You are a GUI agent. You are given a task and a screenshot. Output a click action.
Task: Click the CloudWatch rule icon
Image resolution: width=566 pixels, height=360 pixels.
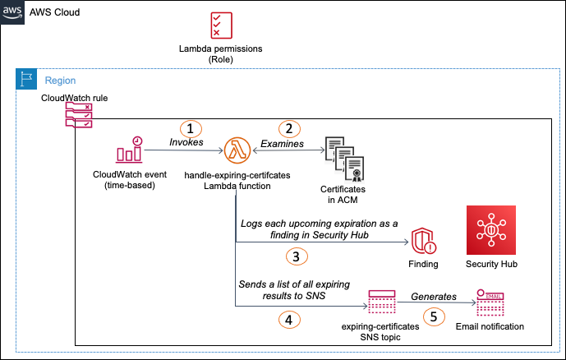[x=78, y=116]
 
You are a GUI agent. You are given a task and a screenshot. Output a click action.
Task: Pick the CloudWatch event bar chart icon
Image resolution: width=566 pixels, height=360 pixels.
[x=129, y=150]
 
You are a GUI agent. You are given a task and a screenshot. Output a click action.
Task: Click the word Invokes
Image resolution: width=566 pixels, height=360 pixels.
[x=186, y=143]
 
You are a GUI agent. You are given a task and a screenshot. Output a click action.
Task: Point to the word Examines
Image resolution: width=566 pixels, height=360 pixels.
[x=283, y=144]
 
